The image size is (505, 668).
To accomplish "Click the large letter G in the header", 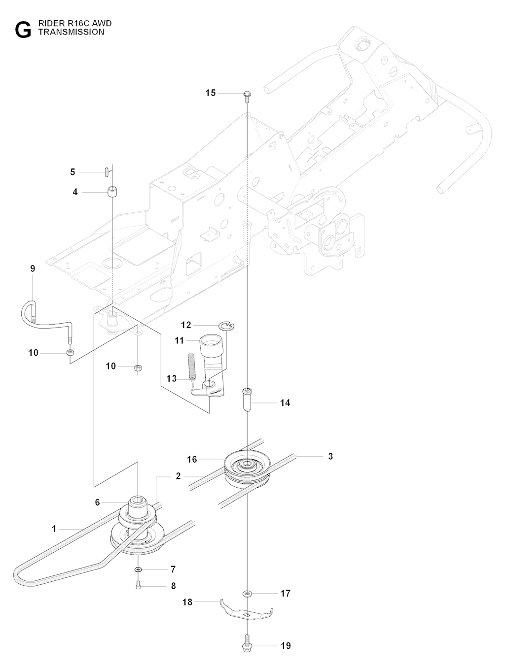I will pos(23,29).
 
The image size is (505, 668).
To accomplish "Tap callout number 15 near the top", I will pos(211,93).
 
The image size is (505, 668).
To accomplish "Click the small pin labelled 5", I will pos(107,171).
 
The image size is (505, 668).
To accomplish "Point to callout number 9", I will pos(33,268).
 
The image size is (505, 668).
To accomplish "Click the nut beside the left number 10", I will pos(71,353).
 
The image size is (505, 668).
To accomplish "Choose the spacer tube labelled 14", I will pos(247,402).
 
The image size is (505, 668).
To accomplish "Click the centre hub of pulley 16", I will pos(245,464).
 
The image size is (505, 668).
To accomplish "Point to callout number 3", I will pos(330,456).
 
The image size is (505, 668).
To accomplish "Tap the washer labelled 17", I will pos(246,593).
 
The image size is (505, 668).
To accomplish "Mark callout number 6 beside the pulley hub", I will pos(97,502).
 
